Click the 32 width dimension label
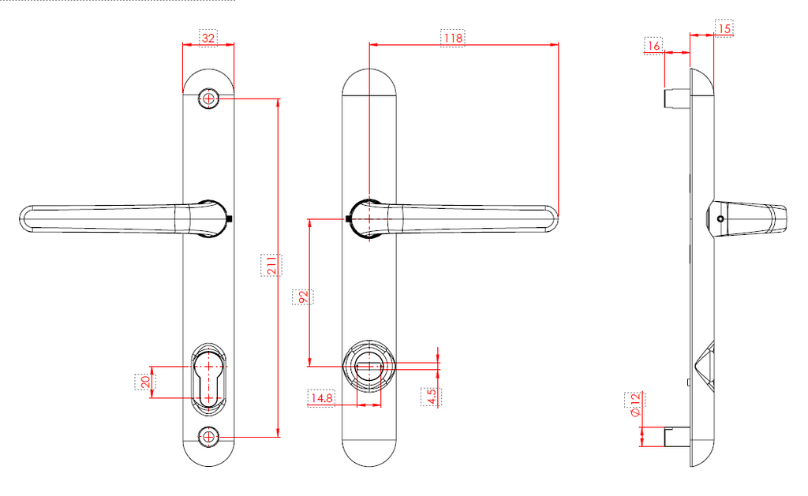[208, 37]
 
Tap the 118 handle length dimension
[453, 37]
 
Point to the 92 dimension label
[302, 297]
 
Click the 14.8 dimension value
[322, 398]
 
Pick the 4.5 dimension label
[432, 397]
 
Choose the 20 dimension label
[144, 382]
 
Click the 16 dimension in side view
[653, 46]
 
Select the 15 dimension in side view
[725, 28]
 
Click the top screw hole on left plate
[209, 99]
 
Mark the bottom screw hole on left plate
[209, 436]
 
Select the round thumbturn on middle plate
[368, 365]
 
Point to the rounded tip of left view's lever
[26, 218]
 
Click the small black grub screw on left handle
[230, 218]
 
